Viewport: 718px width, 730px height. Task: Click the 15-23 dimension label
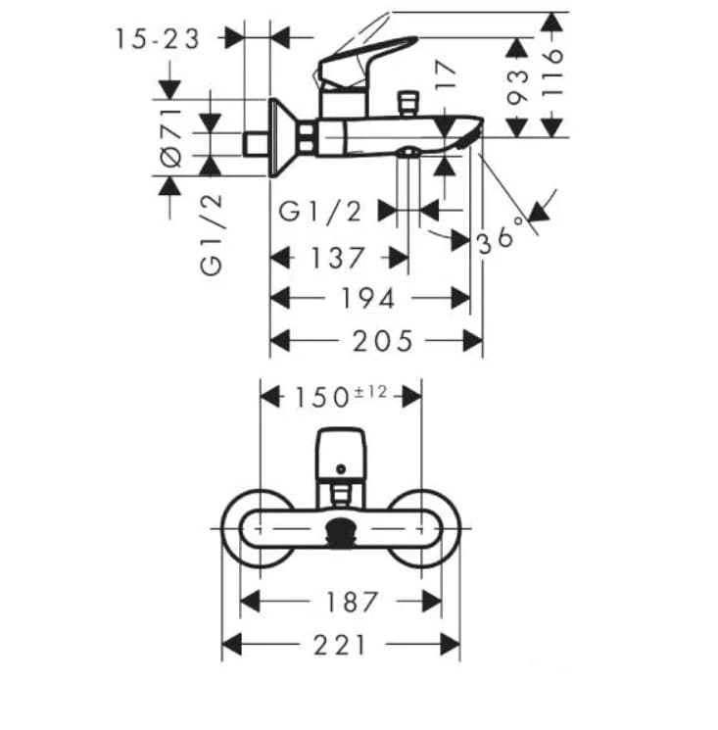[157, 39]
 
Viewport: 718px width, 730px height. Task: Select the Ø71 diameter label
[171, 137]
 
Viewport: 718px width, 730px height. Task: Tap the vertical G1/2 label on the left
[212, 233]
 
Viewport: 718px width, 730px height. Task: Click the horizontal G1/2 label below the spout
[321, 211]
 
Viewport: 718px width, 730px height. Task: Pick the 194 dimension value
[367, 298]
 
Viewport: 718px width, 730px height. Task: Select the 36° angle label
[503, 236]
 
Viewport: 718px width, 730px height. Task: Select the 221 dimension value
[341, 645]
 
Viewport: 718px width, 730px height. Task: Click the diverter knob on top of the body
[406, 102]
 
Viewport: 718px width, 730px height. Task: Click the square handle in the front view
[340, 450]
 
